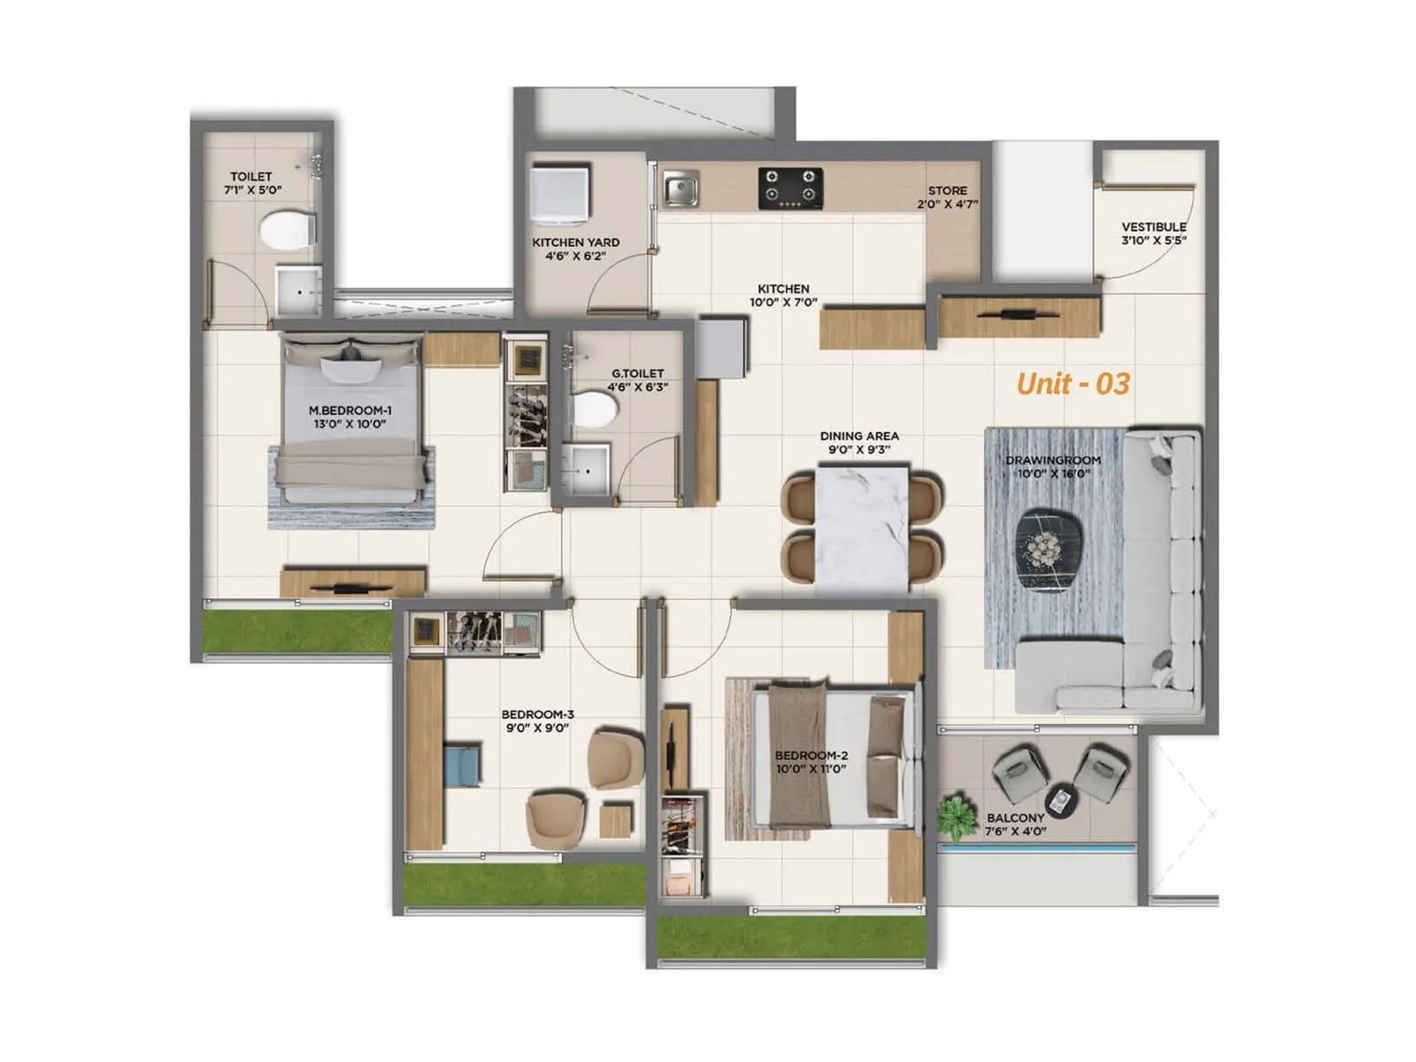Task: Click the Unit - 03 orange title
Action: tap(1073, 383)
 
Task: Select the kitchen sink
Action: tap(681, 189)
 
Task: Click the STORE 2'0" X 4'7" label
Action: tap(947, 196)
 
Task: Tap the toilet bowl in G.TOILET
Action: tap(595, 411)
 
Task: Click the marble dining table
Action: tap(861, 527)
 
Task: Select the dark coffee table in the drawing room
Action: tap(1050, 550)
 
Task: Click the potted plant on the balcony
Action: tap(955, 816)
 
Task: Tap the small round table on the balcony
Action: tap(1062, 799)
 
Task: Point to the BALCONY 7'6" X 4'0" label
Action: tap(1015, 824)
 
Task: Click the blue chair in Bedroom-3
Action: tap(463, 766)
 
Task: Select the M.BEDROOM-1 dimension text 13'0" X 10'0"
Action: tap(350, 424)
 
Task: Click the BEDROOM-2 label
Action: tap(811, 755)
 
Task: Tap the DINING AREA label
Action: tap(858, 436)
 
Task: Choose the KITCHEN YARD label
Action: tap(575, 242)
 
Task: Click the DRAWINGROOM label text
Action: tap(1052, 460)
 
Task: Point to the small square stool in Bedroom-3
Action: tap(616, 820)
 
